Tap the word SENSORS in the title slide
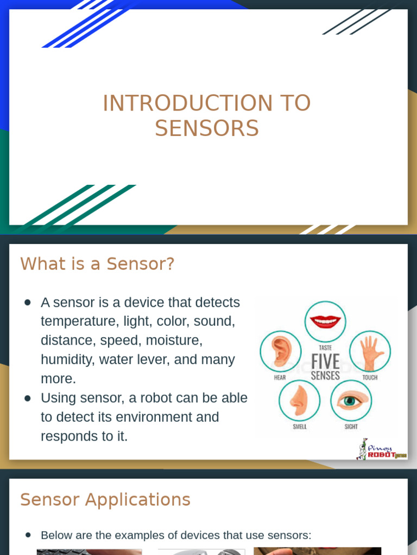click(207, 129)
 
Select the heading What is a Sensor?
click(97, 264)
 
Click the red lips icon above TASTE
click(325, 321)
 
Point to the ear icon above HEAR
click(280, 351)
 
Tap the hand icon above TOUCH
click(370, 351)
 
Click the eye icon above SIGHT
click(351, 401)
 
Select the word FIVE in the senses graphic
click(325, 362)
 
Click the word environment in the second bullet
click(151, 417)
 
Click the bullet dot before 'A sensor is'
click(28, 302)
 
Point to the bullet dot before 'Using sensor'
click(28, 398)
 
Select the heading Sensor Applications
click(105, 499)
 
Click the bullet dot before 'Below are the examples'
click(28, 535)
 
